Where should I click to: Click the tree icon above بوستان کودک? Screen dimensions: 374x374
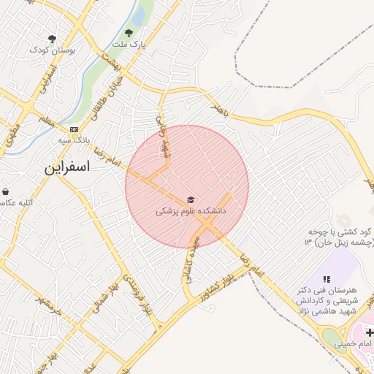pos(52,38)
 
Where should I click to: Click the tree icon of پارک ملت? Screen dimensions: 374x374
pos(129,32)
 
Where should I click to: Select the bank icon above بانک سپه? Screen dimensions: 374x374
pos(74,129)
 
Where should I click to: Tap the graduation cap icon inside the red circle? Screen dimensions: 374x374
pos(191,199)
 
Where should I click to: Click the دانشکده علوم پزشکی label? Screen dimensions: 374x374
pos(191,211)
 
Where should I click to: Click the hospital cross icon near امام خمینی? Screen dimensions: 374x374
pos(370,332)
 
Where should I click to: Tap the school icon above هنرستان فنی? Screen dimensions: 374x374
pos(326,279)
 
